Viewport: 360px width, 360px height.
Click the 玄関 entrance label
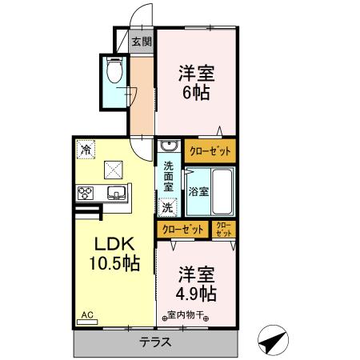(x=141, y=41)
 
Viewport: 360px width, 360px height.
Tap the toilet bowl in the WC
(x=114, y=72)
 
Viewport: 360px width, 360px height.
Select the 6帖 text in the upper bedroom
(x=195, y=91)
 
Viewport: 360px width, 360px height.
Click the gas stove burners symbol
(x=86, y=192)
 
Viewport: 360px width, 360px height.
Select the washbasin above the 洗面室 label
(x=168, y=147)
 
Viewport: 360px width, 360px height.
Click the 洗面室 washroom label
(x=168, y=177)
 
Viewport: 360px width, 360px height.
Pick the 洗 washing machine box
(x=167, y=207)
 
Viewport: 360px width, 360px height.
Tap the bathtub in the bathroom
(x=222, y=191)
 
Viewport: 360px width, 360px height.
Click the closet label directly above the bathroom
(x=208, y=150)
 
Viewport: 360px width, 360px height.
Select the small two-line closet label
(x=224, y=230)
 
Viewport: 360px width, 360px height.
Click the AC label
(x=86, y=315)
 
